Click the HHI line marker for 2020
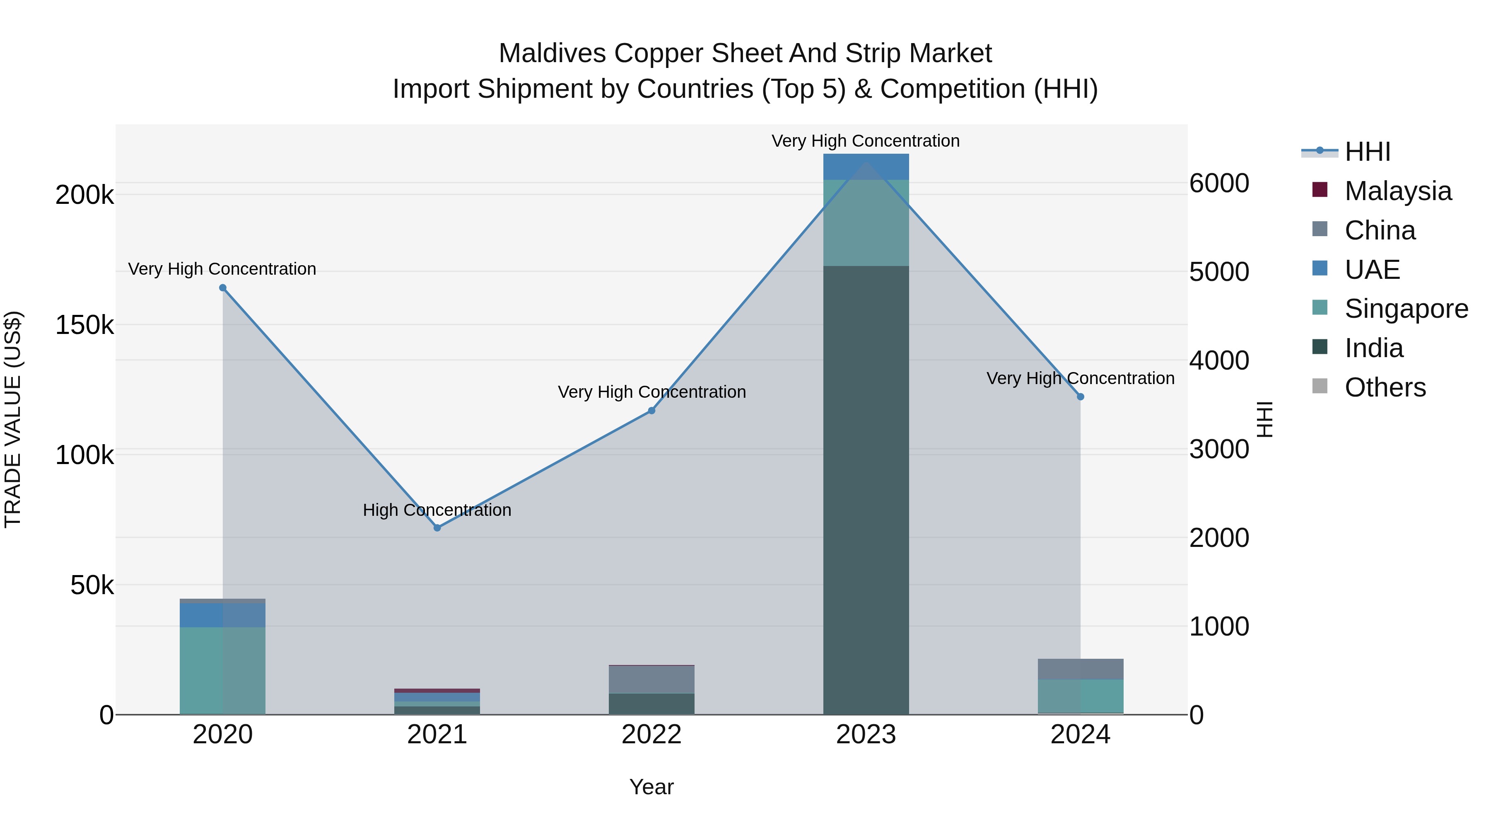223,288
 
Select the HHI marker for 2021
437,527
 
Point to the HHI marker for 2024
1080,397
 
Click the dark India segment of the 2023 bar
866,492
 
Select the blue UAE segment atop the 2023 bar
866,167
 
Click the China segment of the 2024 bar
1080,669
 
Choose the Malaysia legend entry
1397,191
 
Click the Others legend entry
1385,387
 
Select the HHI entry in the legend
1367,152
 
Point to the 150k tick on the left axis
84,325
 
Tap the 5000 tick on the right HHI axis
1219,272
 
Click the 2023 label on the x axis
866,735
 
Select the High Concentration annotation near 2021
437,510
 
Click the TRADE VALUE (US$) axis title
13,419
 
